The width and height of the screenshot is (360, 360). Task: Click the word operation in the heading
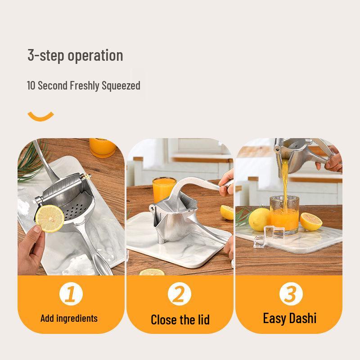point(95,56)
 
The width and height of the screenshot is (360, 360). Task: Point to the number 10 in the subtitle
point(31,85)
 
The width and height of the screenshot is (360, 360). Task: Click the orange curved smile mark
point(40,117)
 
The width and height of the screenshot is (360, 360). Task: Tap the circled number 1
point(71,294)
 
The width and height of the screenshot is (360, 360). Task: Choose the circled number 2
point(180,294)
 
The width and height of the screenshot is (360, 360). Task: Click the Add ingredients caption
point(69,319)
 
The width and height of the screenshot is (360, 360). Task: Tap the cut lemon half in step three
point(311,220)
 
